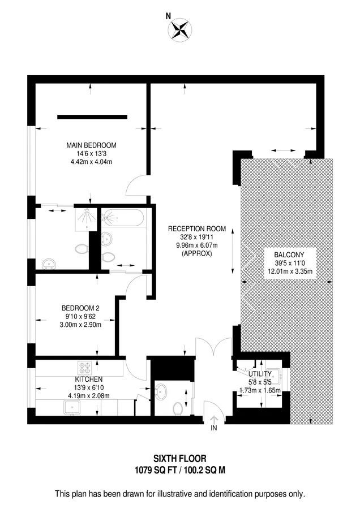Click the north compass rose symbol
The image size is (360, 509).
coord(179,30)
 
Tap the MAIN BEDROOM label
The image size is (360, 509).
coord(91,145)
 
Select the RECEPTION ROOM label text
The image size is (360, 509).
coord(197,228)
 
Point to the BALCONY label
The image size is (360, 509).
coord(289,255)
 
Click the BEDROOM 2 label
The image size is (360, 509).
coord(80,308)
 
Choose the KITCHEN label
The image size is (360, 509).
coord(89,379)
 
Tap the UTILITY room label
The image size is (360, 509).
coord(260,374)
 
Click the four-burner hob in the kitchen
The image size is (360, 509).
coord(84,368)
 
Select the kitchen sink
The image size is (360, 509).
coord(72,407)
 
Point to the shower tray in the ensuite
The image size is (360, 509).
coord(86,219)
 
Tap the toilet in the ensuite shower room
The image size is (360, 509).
coord(82,249)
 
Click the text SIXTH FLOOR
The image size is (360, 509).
coord(179,458)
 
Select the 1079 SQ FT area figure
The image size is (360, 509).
coord(155,470)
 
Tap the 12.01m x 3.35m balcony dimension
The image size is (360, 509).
coord(290,271)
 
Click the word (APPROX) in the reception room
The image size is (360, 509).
coord(196,253)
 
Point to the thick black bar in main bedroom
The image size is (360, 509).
coord(92,117)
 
